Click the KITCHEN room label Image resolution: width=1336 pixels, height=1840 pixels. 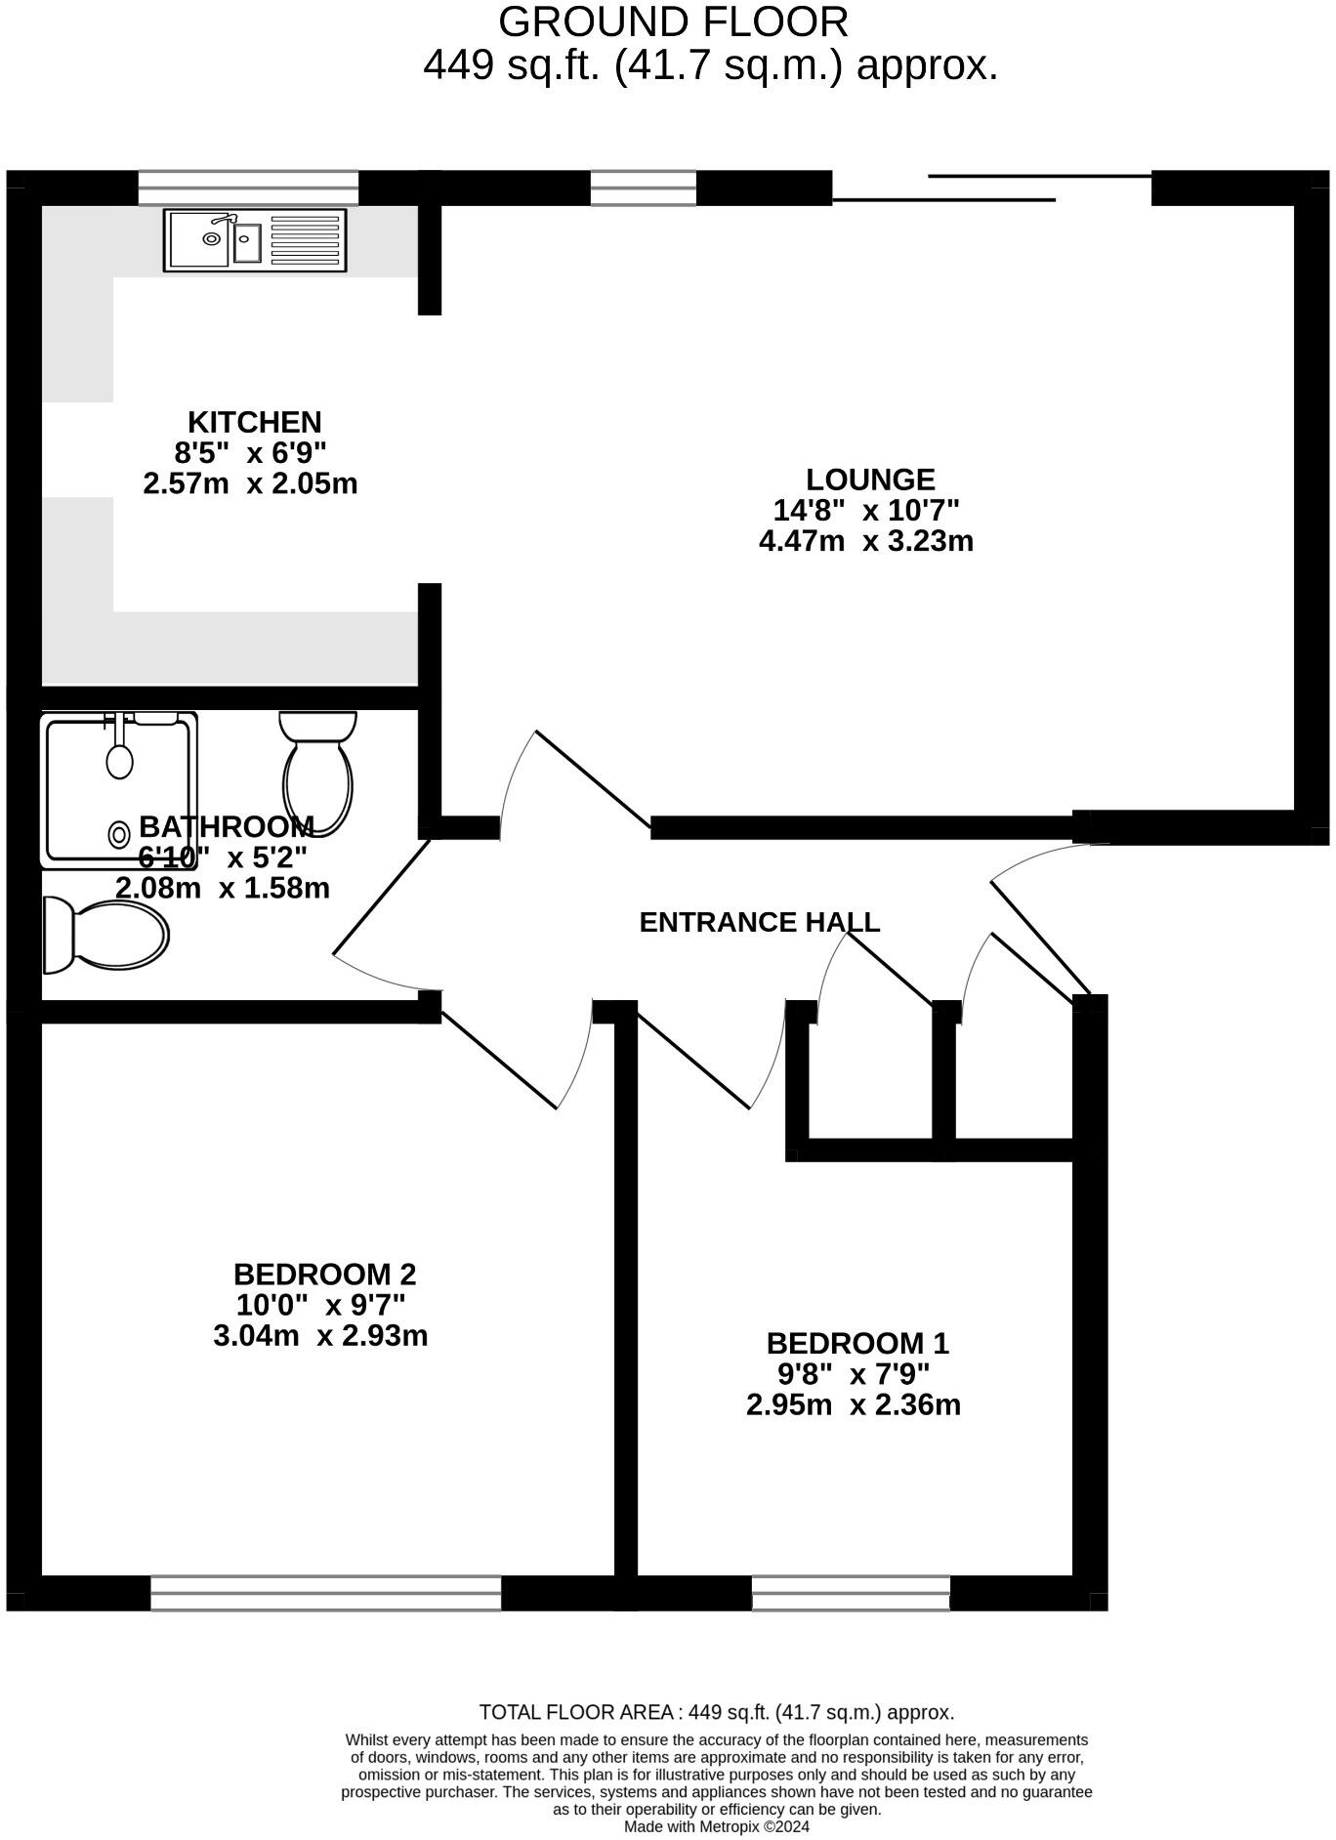pyautogui.click(x=254, y=422)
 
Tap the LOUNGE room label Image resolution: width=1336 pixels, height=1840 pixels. pyautogui.click(x=870, y=480)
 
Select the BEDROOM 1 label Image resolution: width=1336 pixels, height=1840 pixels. pyautogui.click(x=857, y=1343)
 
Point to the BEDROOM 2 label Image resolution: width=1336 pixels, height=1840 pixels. pyautogui.click(x=324, y=1274)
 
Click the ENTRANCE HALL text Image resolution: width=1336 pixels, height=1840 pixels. pyautogui.click(x=759, y=922)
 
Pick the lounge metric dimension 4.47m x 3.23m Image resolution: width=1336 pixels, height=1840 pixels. pyautogui.click(x=866, y=541)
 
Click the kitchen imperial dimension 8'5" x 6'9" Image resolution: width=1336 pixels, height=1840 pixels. pyautogui.click(x=250, y=453)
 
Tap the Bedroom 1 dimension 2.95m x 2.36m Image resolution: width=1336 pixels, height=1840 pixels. pyautogui.click(x=854, y=1404)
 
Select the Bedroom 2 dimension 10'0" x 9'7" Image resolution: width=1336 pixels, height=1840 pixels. pyautogui.click(x=320, y=1305)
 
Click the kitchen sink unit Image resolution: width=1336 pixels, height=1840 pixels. pyautogui.click(x=255, y=239)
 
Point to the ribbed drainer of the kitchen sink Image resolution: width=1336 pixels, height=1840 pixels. pyautogui.click(x=305, y=239)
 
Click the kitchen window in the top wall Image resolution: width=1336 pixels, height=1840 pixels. pyautogui.click(x=248, y=188)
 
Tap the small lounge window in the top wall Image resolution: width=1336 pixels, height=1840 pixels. pyautogui.click(x=644, y=188)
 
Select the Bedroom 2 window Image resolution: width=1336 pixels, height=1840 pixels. pyautogui.click(x=325, y=1593)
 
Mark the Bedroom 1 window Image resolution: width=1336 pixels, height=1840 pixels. pyautogui.click(x=851, y=1593)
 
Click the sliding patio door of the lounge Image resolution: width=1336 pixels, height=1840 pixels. pyautogui.click(x=991, y=188)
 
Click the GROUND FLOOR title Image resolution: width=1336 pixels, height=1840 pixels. pyautogui.click(x=673, y=21)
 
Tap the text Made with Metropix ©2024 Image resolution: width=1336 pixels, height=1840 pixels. pyautogui.click(x=717, y=1826)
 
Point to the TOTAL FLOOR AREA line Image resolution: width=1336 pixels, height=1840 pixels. pyautogui.click(x=716, y=1712)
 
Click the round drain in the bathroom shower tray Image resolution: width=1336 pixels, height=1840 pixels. pyautogui.click(x=120, y=835)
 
